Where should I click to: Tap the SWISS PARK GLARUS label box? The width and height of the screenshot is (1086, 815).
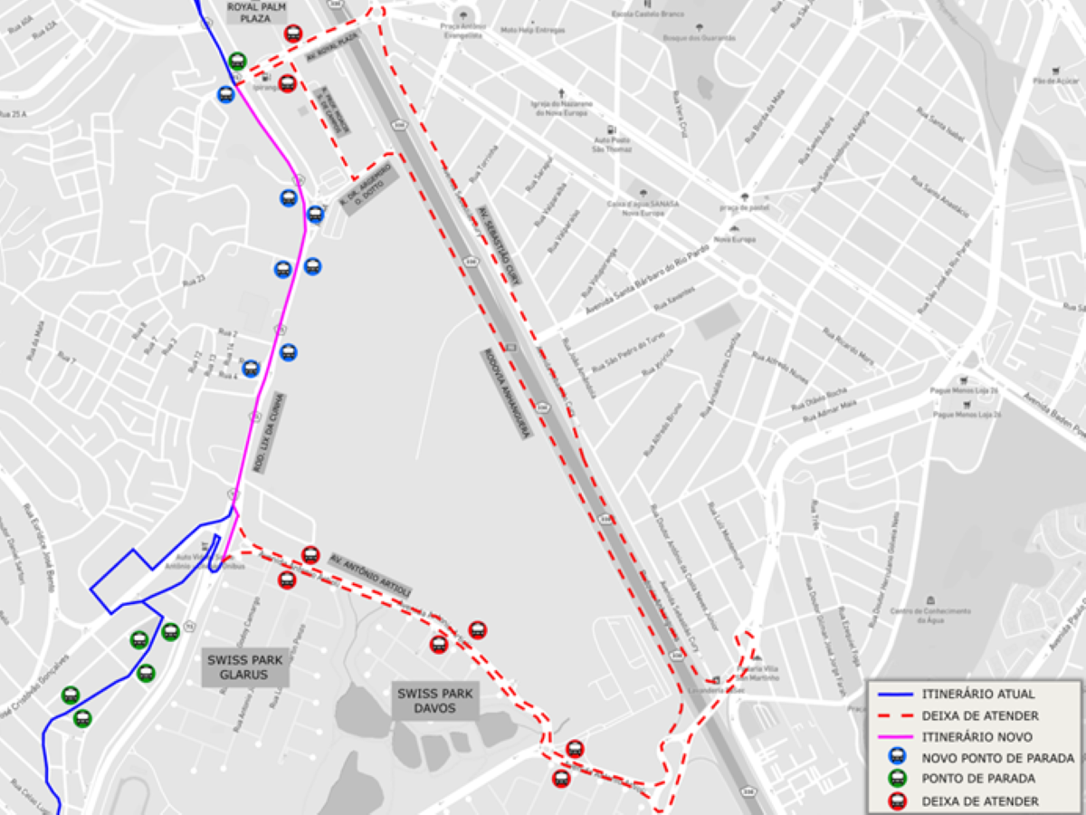pyautogui.click(x=245, y=667)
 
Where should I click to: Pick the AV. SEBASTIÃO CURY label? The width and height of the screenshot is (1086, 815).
pyautogui.click(x=500, y=245)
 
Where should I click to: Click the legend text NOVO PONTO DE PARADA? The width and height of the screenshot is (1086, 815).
pyautogui.click(x=998, y=758)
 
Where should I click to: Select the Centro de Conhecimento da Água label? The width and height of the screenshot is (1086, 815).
pyautogui.click(x=930, y=611)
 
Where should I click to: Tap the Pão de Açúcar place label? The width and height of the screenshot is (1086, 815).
pyautogui.click(x=1053, y=81)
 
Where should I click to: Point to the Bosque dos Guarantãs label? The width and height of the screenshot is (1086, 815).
pyautogui.click(x=699, y=38)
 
